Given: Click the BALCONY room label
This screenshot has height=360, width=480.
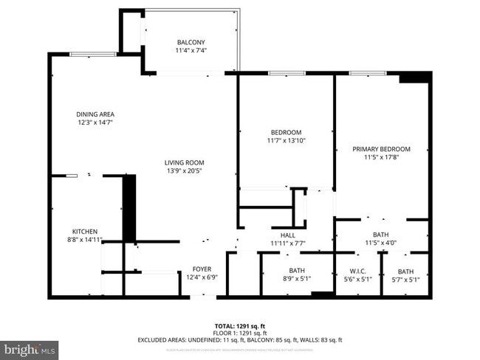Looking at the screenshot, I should (x=191, y=42).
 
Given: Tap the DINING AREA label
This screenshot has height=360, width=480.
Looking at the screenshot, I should (x=95, y=114).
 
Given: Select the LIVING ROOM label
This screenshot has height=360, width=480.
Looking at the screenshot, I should (x=184, y=162).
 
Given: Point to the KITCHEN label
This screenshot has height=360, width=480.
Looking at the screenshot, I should (x=84, y=231).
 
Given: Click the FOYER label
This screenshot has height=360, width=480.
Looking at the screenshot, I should (x=202, y=269).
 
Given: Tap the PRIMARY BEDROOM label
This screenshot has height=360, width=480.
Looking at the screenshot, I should (x=381, y=149).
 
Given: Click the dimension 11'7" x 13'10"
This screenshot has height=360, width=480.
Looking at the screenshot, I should (x=286, y=140).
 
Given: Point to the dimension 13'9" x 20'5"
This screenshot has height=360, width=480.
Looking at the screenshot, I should (x=184, y=170).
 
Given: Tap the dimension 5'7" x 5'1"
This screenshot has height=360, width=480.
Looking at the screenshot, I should (x=405, y=279).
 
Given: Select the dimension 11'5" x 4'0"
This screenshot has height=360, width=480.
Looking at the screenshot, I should (x=381, y=243).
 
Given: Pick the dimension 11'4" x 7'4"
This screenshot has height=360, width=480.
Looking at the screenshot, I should (x=191, y=50).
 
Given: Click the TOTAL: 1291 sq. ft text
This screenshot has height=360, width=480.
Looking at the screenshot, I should (x=239, y=325).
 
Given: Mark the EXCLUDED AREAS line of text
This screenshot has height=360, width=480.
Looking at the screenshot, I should (x=239, y=340).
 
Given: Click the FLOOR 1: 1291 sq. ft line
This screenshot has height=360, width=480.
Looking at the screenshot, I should (x=239, y=333).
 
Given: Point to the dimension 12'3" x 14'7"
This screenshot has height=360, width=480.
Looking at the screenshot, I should (x=95, y=122).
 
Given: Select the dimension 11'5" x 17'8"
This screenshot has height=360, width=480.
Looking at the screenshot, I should (x=381, y=157).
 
